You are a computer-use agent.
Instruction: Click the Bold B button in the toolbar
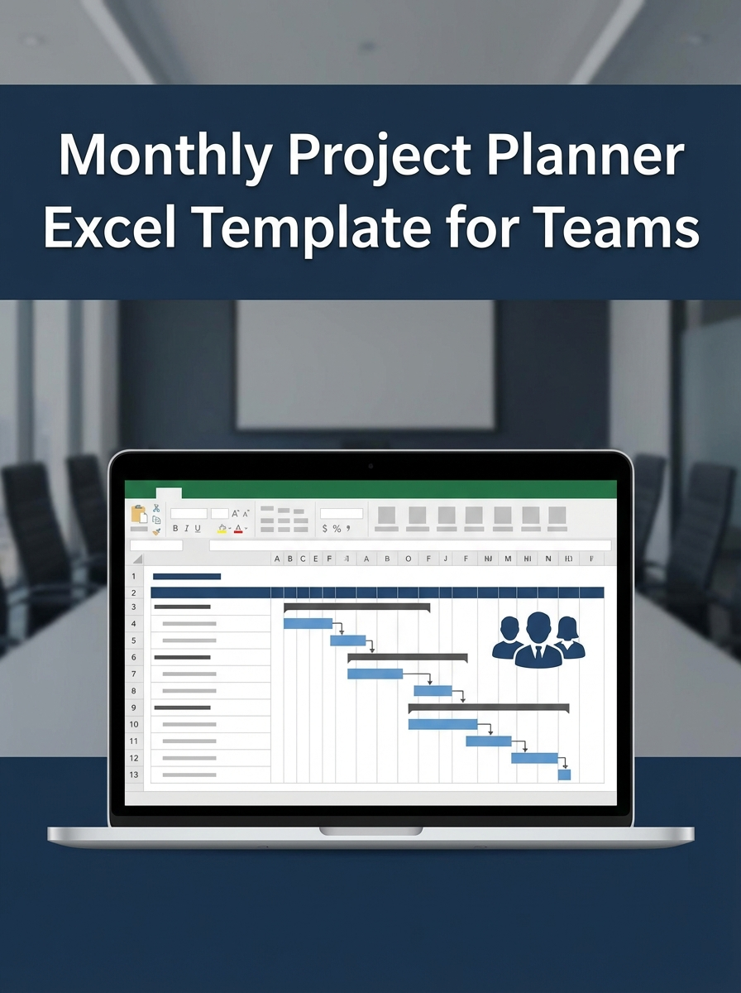[175, 528]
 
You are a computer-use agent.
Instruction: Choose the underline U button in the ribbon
[197, 528]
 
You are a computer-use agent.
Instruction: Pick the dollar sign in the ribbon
[325, 528]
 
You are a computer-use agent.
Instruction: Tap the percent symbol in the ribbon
[337, 528]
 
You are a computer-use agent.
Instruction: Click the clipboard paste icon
[138, 514]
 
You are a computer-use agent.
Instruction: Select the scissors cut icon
[156, 507]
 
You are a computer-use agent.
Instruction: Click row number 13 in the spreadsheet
[134, 775]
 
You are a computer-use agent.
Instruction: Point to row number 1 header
[134, 576]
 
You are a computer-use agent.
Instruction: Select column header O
[408, 559]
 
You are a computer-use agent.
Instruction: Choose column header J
[446, 559]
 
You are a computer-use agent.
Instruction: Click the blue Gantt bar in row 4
[308, 623]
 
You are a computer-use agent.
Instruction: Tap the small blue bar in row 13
[564, 775]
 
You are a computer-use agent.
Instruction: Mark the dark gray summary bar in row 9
[488, 708]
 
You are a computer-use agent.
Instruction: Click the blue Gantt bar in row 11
[488, 741]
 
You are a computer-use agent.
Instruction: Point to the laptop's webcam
[370, 466]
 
